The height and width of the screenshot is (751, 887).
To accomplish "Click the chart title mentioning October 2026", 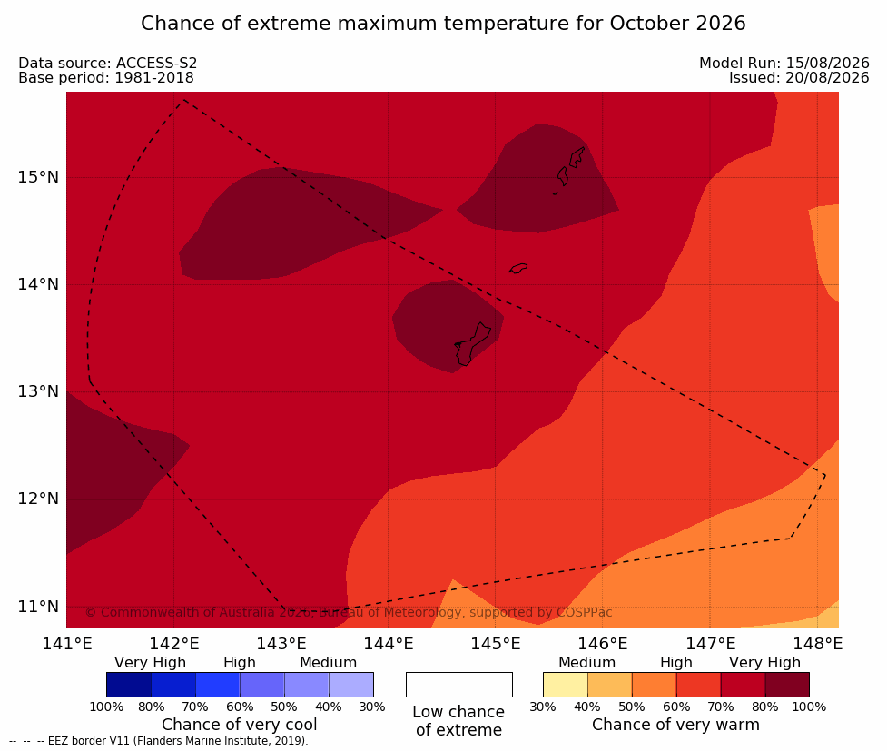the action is pyautogui.click(x=443, y=24).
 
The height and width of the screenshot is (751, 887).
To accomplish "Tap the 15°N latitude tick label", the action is pyautogui.click(x=38, y=177).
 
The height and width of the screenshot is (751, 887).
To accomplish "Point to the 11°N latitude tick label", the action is pyautogui.click(x=38, y=607).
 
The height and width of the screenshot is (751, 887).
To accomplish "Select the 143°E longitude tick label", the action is pyautogui.click(x=281, y=644).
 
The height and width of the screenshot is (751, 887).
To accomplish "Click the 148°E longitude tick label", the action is pyautogui.click(x=817, y=644).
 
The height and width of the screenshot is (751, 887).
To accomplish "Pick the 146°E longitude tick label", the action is pyautogui.click(x=603, y=644).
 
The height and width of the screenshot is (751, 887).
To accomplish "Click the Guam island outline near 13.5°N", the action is pyautogui.click(x=472, y=344).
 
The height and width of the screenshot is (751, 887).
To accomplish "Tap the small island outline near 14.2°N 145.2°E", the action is pyautogui.click(x=518, y=268).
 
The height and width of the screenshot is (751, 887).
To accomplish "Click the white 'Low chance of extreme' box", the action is pyautogui.click(x=458, y=685).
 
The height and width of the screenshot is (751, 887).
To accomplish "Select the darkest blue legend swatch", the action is pyautogui.click(x=128, y=685).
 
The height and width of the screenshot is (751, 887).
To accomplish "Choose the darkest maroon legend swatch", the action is pyautogui.click(x=787, y=685).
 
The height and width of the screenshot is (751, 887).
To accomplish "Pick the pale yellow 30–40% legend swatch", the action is pyautogui.click(x=565, y=685).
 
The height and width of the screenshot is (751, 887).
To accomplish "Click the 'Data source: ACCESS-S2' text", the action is pyautogui.click(x=107, y=64).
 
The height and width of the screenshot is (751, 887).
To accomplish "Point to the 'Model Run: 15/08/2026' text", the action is pyautogui.click(x=784, y=64).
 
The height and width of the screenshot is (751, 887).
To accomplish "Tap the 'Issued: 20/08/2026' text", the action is pyautogui.click(x=799, y=78).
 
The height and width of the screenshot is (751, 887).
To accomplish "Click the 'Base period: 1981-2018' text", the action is pyautogui.click(x=106, y=78).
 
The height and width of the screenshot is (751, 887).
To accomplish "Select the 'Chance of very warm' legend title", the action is pyautogui.click(x=675, y=725).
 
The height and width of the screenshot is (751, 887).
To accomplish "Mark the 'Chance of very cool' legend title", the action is pyautogui.click(x=240, y=725).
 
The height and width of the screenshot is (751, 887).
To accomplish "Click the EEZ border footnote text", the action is pyautogui.click(x=158, y=741).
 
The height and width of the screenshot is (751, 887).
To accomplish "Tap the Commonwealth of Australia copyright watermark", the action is pyautogui.click(x=349, y=612).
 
